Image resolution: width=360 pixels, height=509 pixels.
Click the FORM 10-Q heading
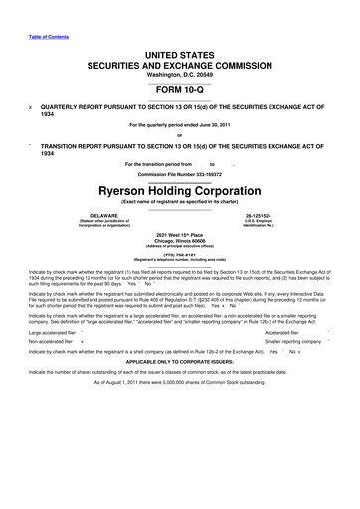point(180,85)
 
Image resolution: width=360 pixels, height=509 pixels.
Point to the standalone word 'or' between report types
point(180,136)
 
